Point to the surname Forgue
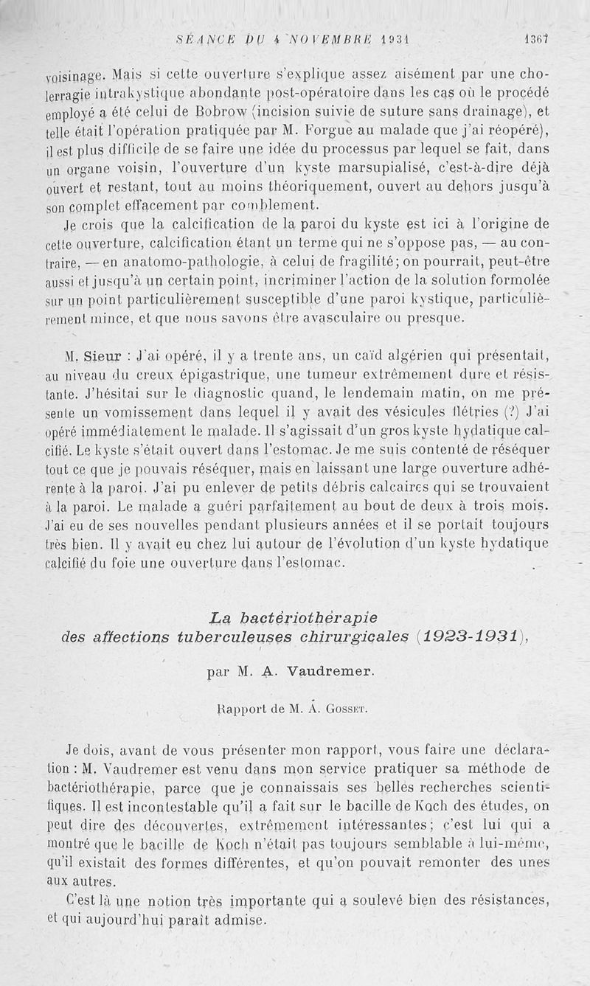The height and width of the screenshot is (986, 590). [x=312, y=131]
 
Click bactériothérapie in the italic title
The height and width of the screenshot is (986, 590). [x=305, y=617]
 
